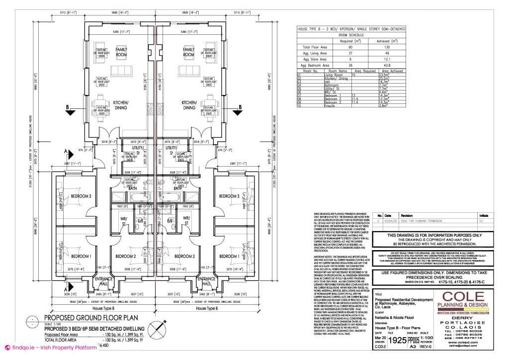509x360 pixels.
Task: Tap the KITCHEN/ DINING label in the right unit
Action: coord(189,105)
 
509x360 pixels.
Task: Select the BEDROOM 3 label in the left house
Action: coord(81,196)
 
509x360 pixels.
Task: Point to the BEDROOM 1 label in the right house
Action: coord(229,256)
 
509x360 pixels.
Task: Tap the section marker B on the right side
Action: coord(240,107)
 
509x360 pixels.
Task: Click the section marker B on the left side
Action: coord(68,107)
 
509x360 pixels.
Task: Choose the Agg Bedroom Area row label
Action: coord(316,65)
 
